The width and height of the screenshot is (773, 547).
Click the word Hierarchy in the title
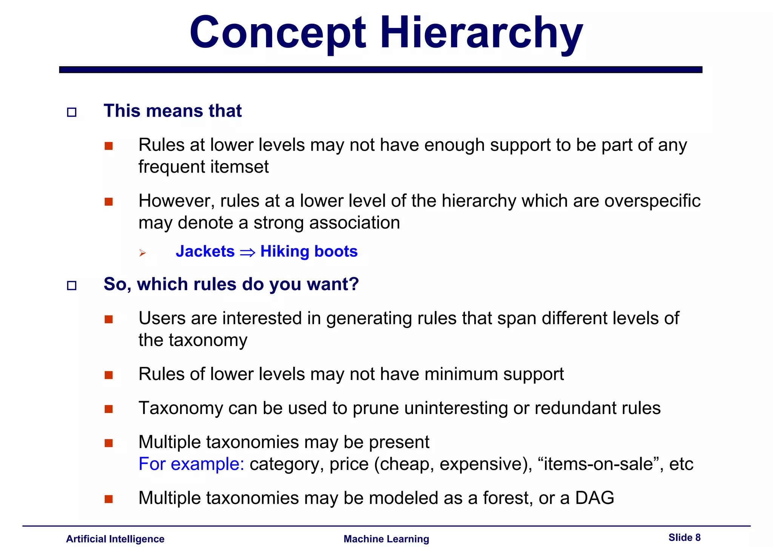[x=481, y=33]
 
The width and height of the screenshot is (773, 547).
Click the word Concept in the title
[x=277, y=33]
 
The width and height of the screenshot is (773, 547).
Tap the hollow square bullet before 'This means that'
[x=71, y=112]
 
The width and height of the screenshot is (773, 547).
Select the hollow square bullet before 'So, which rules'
[x=71, y=286]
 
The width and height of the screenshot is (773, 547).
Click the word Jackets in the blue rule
[x=205, y=252]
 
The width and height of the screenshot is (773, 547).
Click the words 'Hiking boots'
[x=309, y=252]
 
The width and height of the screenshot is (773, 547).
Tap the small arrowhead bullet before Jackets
[x=142, y=253]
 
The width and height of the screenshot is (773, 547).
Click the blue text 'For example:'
[x=191, y=464]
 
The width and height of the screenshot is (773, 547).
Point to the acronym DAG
[x=594, y=498]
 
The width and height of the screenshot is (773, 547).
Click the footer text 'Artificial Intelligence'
[x=115, y=539]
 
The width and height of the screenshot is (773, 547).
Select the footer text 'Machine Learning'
[x=386, y=539]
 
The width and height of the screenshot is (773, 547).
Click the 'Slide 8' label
[x=684, y=538]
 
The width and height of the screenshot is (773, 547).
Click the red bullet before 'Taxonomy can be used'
[x=109, y=409]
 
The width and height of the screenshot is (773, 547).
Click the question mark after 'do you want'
[x=354, y=284]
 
